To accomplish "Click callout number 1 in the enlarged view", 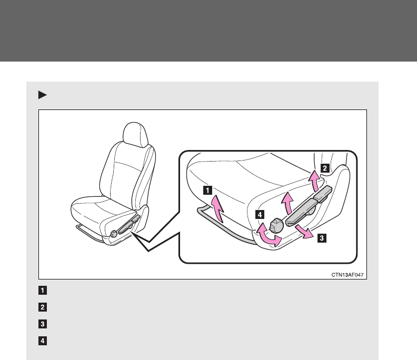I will pyautogui.click(x=208, y=188).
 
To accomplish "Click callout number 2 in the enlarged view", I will pyautogui.click(x=325, y=168).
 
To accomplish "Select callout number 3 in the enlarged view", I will pyautogui.click(x=322, y=237).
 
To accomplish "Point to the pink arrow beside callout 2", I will pyautogui.click(x=314, y=182).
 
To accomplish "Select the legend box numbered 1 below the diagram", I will pyautogui.click(x=43, y=290).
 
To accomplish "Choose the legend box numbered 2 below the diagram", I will pyautogui.click(x=43, y=307).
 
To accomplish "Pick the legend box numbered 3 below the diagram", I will pyautogui.click(x=43, y=324).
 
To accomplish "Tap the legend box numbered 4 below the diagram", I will pyautogui.click(x=43, y=341).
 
